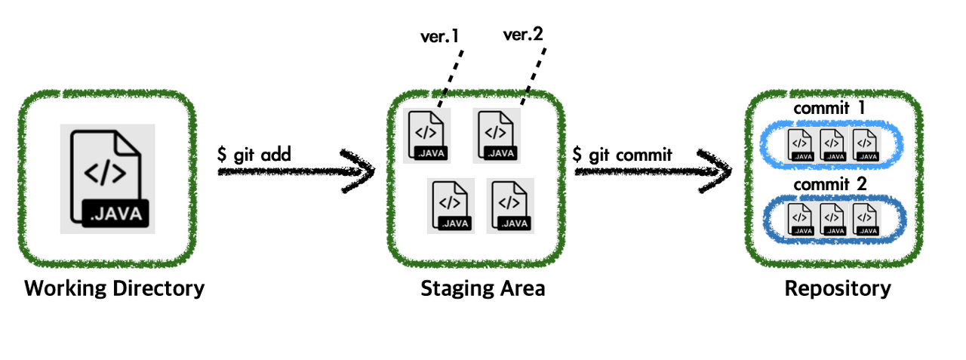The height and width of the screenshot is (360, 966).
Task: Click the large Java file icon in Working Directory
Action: tap(107, 178)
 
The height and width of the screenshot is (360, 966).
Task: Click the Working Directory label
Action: tap(114, 288)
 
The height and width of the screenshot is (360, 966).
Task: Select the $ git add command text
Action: tap(254, 155)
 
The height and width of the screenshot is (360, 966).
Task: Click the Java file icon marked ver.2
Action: tap(496, 136)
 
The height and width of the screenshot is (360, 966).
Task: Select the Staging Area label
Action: tap(482, 288)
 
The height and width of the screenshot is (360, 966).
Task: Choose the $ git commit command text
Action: tap(623, 155)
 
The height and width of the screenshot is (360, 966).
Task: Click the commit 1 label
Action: tap(829, 109)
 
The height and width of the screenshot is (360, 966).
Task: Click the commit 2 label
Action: tap(829, 184)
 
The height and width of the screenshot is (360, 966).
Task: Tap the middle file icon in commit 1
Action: tap(832, 144)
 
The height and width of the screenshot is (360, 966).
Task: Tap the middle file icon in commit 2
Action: tap(832, 219)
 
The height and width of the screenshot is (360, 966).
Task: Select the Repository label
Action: tap(838, 288)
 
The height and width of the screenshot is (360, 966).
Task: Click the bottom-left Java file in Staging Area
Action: tap(451, 206)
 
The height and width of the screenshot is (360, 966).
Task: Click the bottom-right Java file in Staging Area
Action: tap(510, 206)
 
